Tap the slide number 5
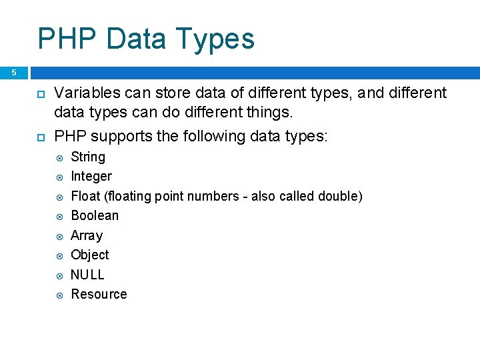pyautogui.click(x=13, y=73)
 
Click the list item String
pyautogui.click(x=88, y=157)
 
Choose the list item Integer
pyautogui.click(x=91, y=176)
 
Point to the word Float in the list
pyautogui.click(x=85, y=196)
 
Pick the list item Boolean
pyautogui.click(x=95, y=215)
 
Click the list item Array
pyautogui.click(x=87, y=235)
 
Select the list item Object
pyautogui.click(x=90, y=255)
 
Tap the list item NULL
pyautogui.click(x=88, y=275)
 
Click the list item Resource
pyautogui.click(x=99, y=294)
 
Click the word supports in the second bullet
pyautogui.click(x=117, y=137)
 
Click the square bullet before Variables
pyautogui.click(x=40, y=93)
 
